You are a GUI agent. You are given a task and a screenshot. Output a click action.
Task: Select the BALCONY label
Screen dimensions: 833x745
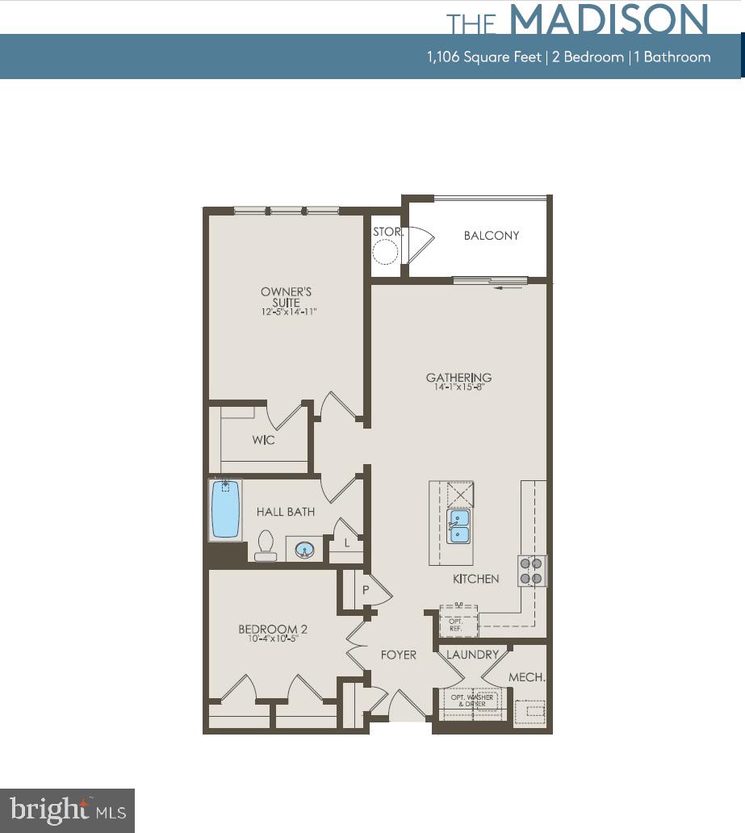tap(491, 236)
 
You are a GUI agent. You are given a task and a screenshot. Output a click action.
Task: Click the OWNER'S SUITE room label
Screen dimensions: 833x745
tap(286, 296)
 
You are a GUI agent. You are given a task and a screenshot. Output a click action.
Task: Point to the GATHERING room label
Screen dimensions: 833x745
tap(458, 377)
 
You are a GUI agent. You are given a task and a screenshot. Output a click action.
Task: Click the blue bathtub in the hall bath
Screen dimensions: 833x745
tap(226, 509)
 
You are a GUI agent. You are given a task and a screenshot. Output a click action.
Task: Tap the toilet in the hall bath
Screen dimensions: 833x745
tap(265, 546)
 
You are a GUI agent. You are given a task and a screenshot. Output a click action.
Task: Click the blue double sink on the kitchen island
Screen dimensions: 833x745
tap(458, 525)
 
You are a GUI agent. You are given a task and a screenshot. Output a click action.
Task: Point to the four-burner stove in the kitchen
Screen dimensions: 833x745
tap(532, 570)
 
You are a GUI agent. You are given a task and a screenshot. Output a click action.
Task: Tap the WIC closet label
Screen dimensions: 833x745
tap(263, 440)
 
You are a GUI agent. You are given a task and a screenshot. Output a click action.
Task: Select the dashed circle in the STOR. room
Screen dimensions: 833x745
tap(386, 254)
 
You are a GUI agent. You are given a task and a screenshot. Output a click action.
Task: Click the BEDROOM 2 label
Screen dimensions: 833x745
tap(272, 630)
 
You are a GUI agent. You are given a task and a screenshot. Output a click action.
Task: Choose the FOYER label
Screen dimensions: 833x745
tap(399, 654)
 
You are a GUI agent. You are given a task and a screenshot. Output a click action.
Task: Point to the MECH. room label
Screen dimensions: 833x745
tap(527, 678)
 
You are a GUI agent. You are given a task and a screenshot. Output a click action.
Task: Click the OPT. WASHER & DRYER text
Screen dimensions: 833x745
tap(471, 700)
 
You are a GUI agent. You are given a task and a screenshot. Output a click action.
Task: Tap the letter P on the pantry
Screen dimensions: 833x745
tap(365, 591)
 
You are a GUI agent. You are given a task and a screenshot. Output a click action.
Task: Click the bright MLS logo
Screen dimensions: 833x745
tap(67, 810)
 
